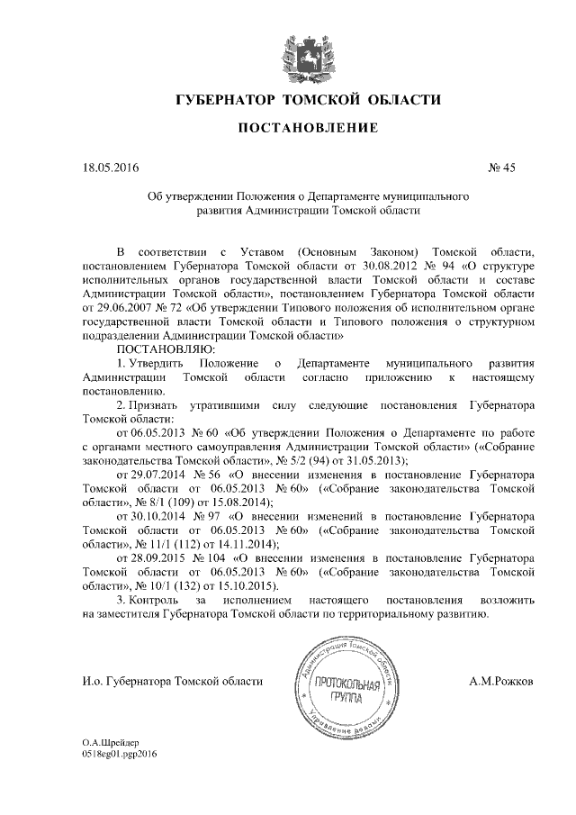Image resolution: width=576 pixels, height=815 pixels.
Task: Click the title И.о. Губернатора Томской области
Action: pos(172,681)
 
